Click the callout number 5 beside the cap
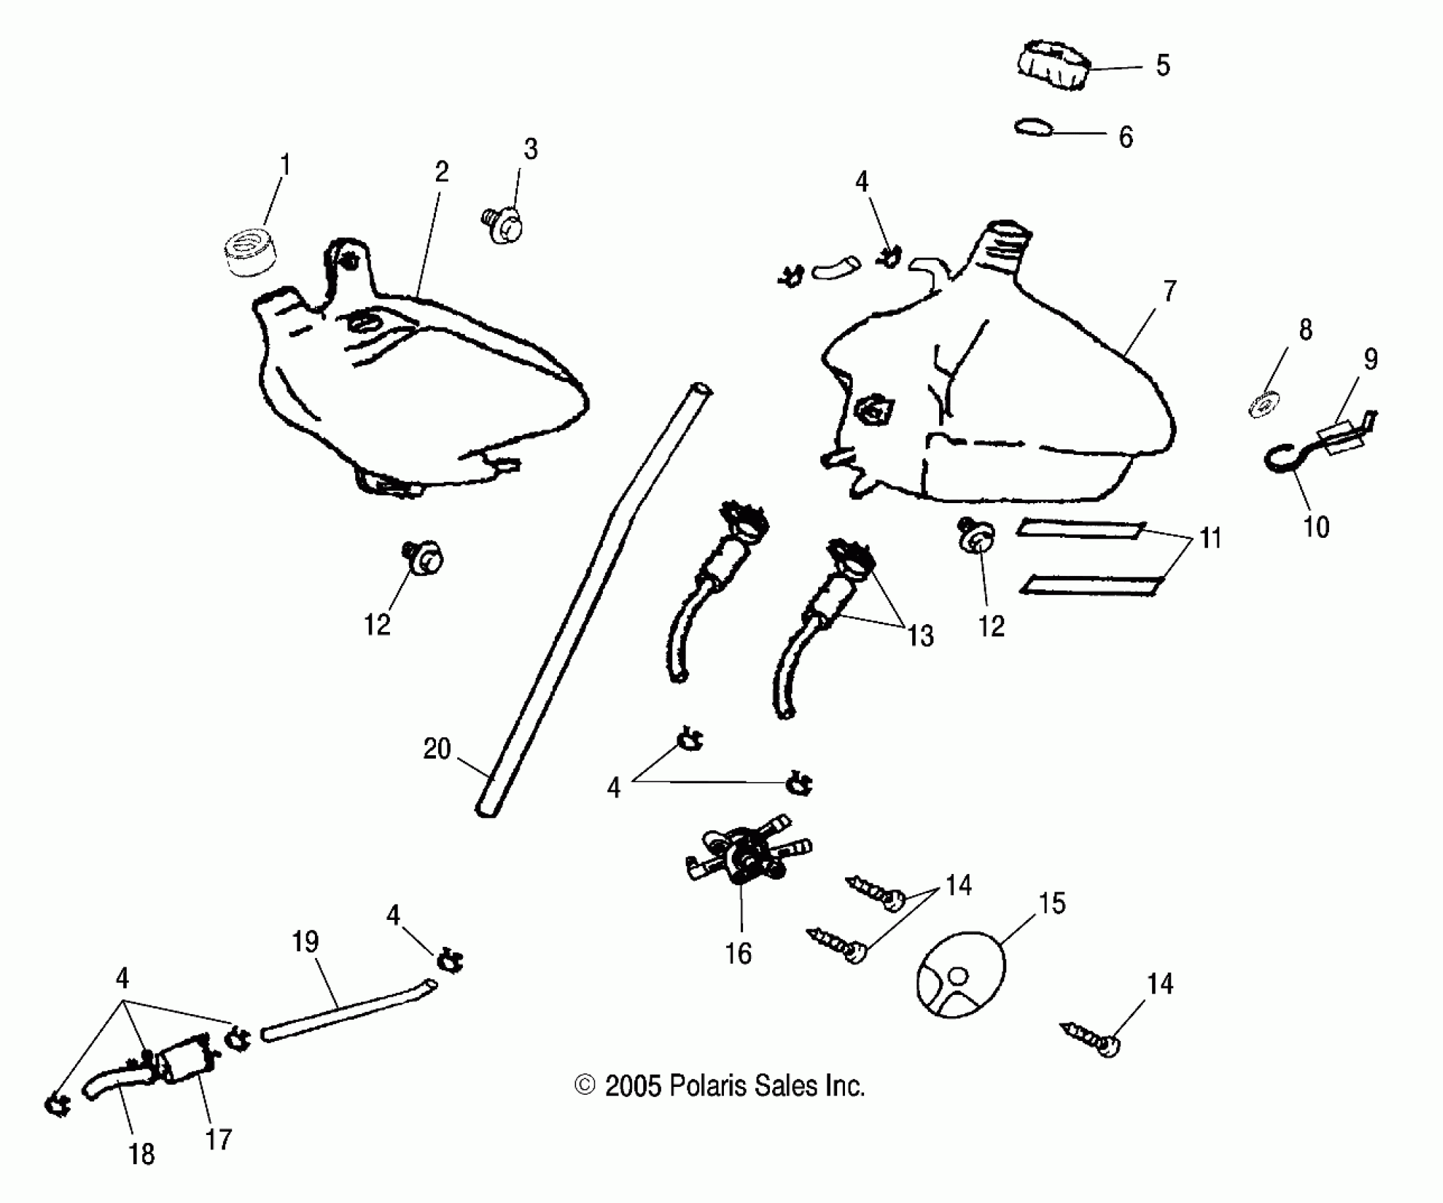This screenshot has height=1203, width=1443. [x=1163, y=66]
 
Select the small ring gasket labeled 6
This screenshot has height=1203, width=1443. [x=1034, y=128]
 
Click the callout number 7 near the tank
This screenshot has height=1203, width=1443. [x=1170, y=291]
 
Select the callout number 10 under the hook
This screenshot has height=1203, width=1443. [x=1316, y=527]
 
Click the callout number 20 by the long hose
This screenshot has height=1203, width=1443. [x=437, y=749]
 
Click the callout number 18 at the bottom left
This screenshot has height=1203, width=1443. [x=142, y=1155]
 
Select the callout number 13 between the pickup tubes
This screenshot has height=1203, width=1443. [x=921, y=636]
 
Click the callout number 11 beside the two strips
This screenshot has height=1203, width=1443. [x=1211, y=539]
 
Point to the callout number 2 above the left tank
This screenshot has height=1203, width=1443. [x=442, y=172]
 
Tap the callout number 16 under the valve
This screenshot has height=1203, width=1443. [x=738, y=954]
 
